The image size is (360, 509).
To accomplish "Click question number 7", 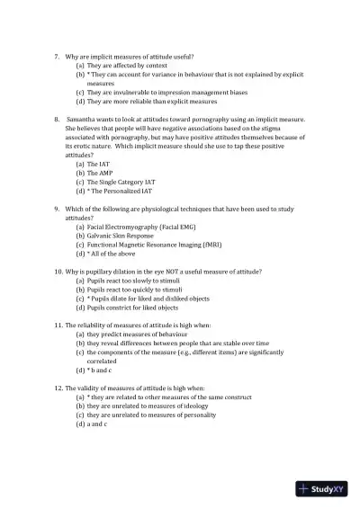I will [x=58, y=57].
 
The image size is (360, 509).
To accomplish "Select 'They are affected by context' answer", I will [x=127, y=66].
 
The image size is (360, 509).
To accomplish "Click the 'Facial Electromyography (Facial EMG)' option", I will [x=143, y=227].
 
